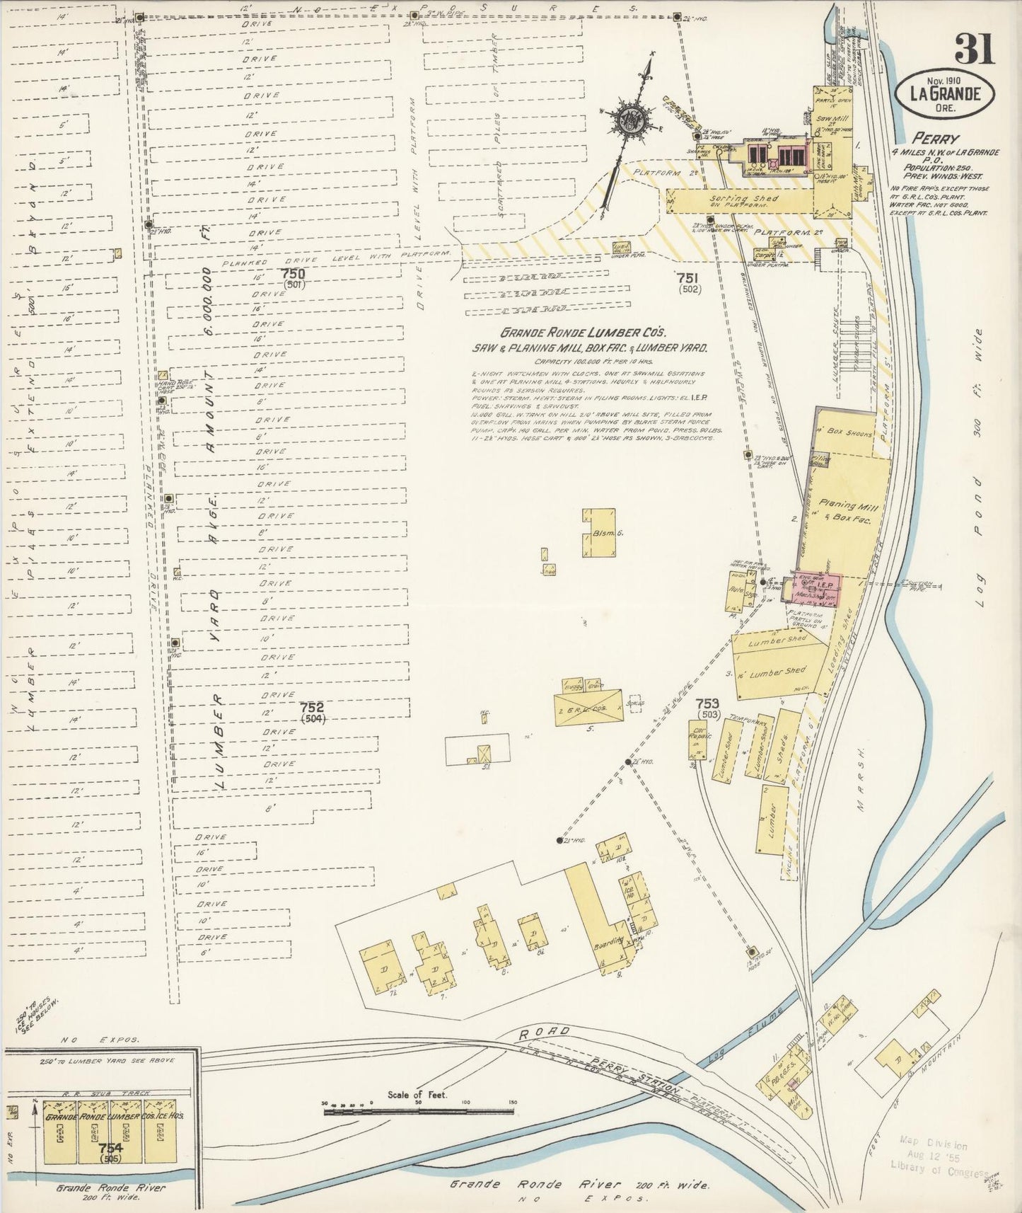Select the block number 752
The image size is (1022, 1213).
click(311, 707)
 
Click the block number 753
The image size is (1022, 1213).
click(707, 703)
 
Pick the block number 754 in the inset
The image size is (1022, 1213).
click(110, 1147)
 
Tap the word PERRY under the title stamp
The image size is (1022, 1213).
click(935, 139)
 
